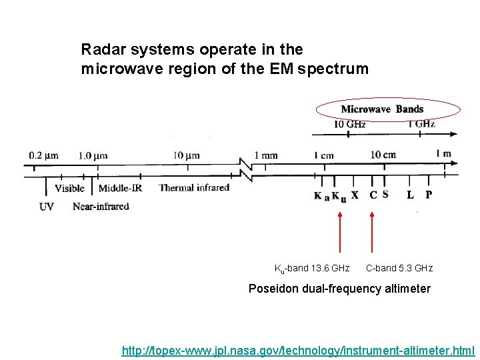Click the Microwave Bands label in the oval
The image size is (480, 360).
point(382,109)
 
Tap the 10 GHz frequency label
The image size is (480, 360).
point(349,124)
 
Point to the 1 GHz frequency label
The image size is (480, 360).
point(421,124)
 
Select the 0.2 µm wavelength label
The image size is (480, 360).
point(43,156)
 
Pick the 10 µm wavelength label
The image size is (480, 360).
point(186,156)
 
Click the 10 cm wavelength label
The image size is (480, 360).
point(383,155)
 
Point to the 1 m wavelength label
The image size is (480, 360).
point(443,155)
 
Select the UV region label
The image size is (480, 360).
point(47,207)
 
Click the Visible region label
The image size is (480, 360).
point(70,189)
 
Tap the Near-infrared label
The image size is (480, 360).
point(101,207)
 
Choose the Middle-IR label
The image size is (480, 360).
point(121,189)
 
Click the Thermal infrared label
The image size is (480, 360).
point(194,188)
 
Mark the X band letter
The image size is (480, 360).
point(355,195)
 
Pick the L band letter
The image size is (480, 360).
point(410,195)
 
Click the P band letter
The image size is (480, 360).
point(428,195)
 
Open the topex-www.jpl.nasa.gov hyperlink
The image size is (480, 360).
point(298,350)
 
